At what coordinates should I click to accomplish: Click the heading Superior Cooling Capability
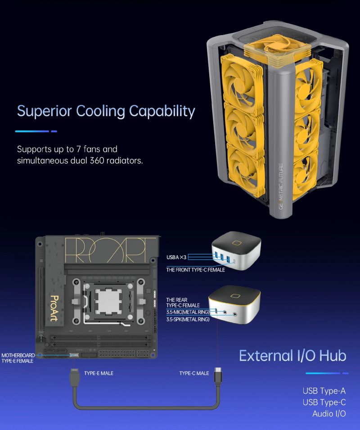(x=106, y=111)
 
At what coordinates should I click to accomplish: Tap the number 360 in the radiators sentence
(x=97, y=160)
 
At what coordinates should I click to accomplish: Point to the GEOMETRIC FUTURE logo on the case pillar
(x=281, y=186)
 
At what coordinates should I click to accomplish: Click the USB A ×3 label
(x=176, y=257)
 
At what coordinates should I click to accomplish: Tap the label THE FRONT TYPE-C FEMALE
(x=196, y=270)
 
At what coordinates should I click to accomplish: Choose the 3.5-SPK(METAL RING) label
(x=188, y=320)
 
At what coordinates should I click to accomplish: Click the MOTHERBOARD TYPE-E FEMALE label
(x=18, y=358)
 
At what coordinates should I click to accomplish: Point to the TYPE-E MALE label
(x=99, y=373)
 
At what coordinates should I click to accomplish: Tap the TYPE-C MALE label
(x=194, y=373)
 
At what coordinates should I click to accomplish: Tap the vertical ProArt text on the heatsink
(x=54, y=308)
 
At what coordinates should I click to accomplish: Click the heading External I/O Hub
(x=292, y=356)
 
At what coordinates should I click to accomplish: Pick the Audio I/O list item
(x=329, y=413)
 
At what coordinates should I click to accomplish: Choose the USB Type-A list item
(x=324, y=391)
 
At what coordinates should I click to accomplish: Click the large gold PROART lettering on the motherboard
(x=110, y=250)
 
